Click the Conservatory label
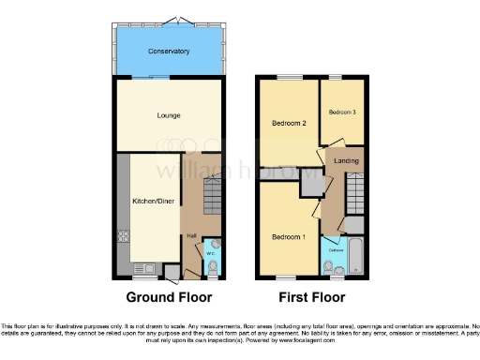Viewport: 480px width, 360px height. (169, 51)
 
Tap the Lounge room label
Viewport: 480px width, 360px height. (169, 115)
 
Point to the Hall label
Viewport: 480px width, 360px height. (191, 235)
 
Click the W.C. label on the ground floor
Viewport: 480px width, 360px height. (211, 251)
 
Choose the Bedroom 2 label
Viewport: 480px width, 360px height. (289, 123)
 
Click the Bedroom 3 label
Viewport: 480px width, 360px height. (341, 112)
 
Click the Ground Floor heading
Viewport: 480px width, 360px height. (169, 297)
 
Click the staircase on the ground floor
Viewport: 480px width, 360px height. (213, 198)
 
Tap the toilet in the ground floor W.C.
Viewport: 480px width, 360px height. (213, 269)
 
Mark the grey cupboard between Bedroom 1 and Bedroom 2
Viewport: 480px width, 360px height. (307, 184)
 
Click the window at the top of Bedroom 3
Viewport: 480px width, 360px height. (336, 78)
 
